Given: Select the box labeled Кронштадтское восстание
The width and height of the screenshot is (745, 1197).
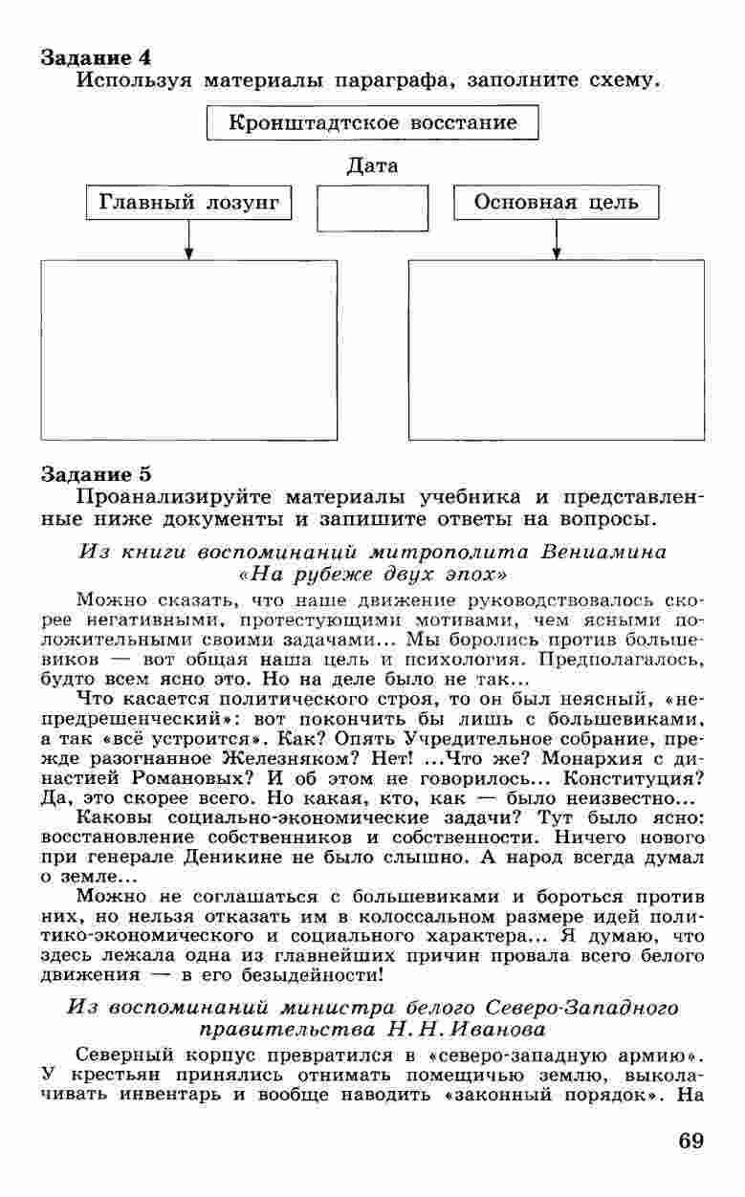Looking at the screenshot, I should [x=372, y=123].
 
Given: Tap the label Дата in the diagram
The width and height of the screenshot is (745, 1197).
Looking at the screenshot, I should [x=372, y=166].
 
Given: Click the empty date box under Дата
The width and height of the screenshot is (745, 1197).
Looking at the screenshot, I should [x=372, y=208].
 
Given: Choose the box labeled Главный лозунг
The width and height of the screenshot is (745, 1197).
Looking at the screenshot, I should [x=189, y=203].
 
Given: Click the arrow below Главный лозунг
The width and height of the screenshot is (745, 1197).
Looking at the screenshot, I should [x=189, y=240].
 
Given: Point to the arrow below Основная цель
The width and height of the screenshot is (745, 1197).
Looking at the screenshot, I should [x=556, y=240].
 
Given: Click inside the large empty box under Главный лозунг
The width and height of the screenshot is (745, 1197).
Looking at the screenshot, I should [x=189, y=350].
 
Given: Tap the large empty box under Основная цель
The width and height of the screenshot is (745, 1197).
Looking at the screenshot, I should [x=556, y=350].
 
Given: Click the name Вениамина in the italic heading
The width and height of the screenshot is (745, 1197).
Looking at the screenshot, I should [x=603, y=553].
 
